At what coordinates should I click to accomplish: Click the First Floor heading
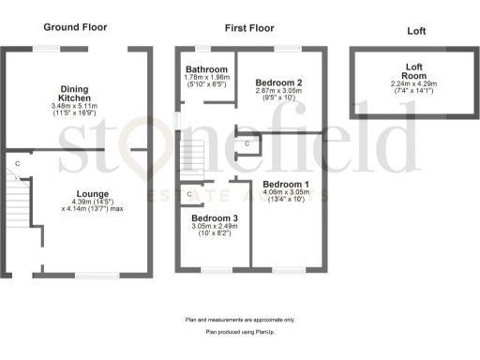(248, 29)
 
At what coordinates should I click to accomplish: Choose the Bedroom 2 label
(278, 82)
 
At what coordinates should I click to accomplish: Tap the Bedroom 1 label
(285, 184)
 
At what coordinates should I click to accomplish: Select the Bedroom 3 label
(214, 218)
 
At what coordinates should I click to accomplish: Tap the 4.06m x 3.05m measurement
(285, 193)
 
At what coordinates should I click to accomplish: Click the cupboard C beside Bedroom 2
(247, 144)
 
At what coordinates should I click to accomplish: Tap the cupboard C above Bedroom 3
(189, 195)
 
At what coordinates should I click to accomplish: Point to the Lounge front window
(97, 275)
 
